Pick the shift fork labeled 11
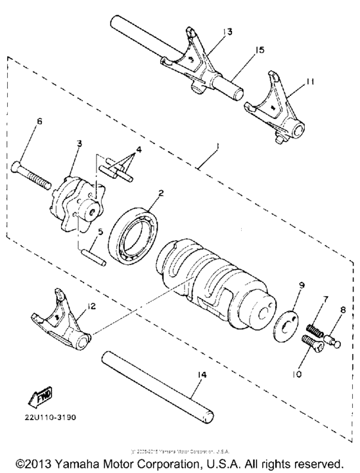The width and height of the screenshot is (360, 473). coord(277,113)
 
